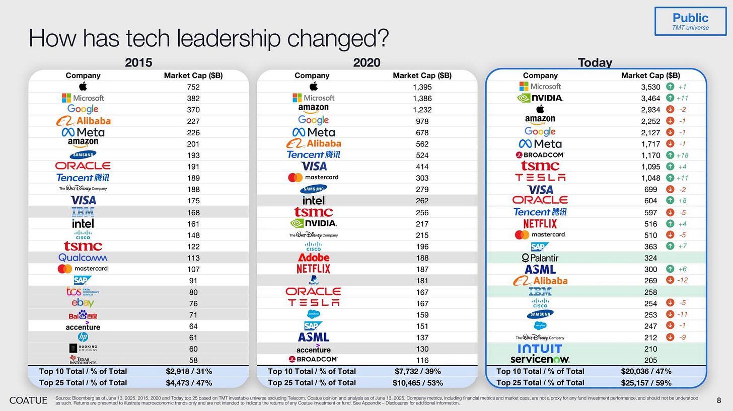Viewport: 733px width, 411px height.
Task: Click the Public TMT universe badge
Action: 690,21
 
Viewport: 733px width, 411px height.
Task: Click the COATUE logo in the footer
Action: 29,400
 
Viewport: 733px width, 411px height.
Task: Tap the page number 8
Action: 718,400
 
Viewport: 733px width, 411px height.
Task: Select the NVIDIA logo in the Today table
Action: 540,98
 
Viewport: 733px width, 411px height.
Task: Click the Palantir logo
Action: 540,258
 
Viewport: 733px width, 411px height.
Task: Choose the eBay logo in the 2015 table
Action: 83,303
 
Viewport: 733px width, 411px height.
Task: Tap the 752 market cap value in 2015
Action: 193,87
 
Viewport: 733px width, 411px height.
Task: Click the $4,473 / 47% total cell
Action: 189,382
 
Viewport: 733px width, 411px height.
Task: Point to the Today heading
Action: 595,63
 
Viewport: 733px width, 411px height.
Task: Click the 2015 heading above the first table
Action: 138,63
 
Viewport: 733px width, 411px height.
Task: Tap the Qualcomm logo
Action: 83,258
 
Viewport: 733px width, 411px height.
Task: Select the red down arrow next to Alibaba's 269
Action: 670,280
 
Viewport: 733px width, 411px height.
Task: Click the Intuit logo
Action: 540,349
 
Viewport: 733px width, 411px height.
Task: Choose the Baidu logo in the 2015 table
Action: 83,315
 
